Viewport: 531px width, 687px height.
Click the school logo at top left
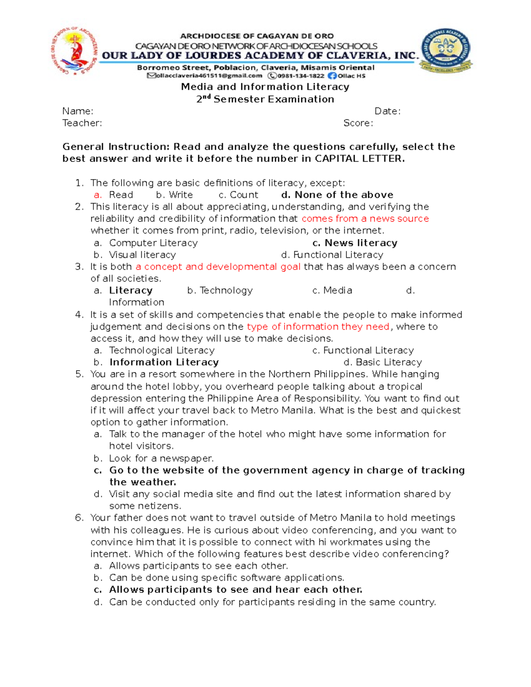point(75,52)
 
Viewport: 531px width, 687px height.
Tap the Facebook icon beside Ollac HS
point(332,76)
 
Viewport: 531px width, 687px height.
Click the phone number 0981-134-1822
point(300,76)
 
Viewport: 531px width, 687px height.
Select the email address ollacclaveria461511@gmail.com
point(208,76)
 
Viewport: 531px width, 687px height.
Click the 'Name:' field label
point(78,111)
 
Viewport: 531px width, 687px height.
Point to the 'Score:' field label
point(358,123)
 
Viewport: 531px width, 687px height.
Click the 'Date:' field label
point(387,111)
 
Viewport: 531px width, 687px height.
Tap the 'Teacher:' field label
point(82,123)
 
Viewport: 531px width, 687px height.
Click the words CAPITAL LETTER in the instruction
point(359,159)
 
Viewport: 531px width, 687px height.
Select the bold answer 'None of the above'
point(344,195)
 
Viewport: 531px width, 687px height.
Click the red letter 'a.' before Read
point(98,195)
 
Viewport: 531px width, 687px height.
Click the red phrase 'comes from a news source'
point(365,219)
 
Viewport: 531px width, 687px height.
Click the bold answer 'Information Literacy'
point(164,362)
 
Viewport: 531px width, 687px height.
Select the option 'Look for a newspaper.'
point(161,458)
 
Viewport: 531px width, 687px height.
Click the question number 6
point(79,518)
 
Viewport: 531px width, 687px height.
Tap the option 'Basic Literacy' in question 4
point(389,362)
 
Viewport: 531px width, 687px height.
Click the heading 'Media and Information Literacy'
point(265,87)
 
